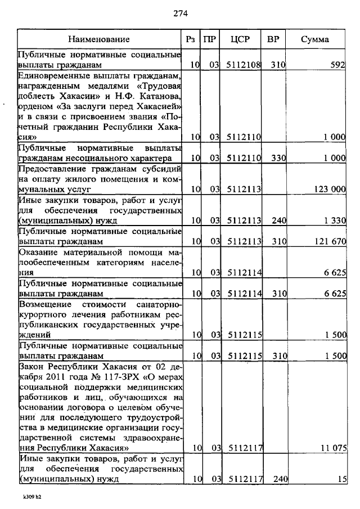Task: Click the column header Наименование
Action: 98,39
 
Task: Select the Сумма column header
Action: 315,39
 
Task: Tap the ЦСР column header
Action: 244,39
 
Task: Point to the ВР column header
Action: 274,39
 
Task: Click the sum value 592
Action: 337,65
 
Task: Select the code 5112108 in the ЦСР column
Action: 244,65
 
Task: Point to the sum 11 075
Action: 332,448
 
